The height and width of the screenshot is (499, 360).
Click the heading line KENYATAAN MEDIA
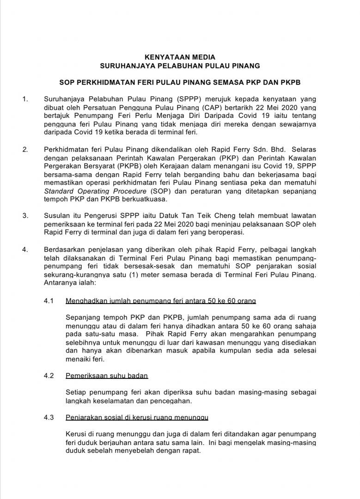(180, 57)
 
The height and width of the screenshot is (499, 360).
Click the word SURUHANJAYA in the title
(129, 66)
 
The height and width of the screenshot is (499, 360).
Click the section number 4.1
(49, 301)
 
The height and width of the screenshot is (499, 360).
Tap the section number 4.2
(49, 375)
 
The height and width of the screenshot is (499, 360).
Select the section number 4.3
(49, 418)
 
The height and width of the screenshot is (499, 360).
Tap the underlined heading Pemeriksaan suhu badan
(107, 375)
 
